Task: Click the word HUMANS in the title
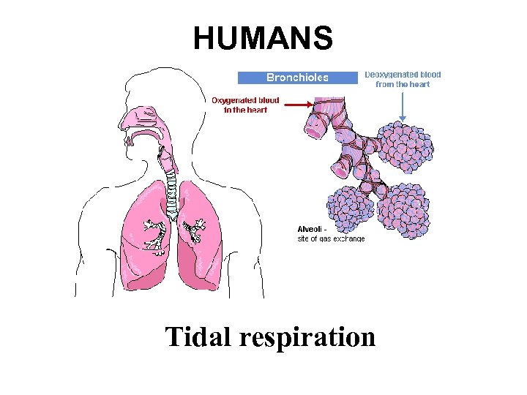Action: (x=263, y=38)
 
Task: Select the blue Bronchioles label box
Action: (x=297, y=77)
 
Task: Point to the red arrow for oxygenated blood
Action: (x=293, y=105)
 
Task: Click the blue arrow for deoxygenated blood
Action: (x=403, y=106)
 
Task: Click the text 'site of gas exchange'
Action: (x=331, y=238)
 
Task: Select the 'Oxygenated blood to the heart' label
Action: (x=245, y=105)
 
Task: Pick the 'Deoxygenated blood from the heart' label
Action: (x=403, y=79)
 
